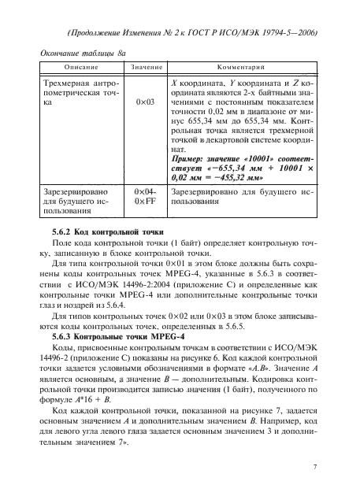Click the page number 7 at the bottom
pyautogui.click(x=314, y=467)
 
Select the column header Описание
pyautogui.click(x=76, y=68)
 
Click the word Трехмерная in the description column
pyautogui.click(x=64, y=82)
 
